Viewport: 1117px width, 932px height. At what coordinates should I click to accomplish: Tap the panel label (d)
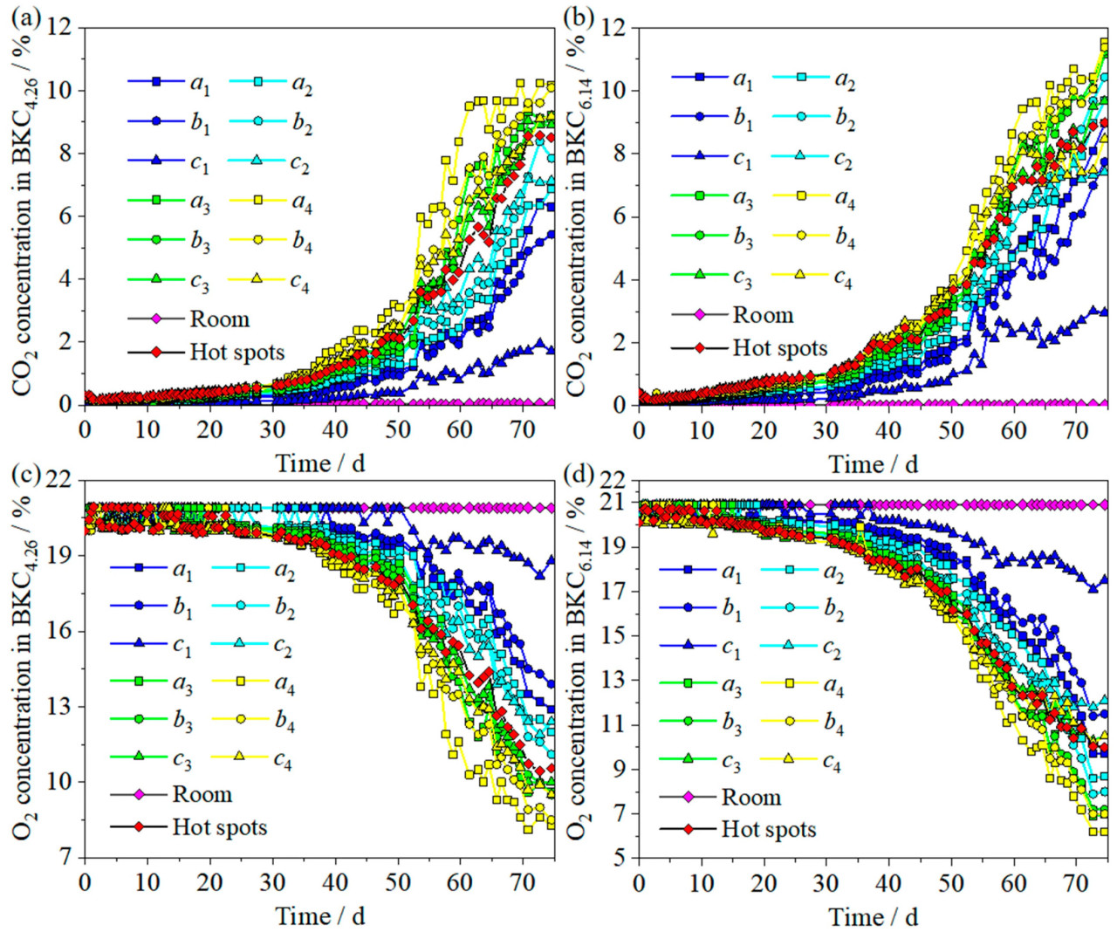579,476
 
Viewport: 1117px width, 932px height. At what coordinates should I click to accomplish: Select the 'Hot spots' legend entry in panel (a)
236,352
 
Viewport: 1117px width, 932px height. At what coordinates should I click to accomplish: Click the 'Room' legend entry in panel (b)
763,314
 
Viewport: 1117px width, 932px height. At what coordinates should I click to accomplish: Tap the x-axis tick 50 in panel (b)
951,429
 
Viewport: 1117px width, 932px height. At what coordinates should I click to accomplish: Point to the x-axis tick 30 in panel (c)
272,881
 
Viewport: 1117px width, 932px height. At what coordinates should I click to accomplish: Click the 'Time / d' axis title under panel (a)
319,463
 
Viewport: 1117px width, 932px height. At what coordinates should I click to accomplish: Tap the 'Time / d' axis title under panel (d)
873,916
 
